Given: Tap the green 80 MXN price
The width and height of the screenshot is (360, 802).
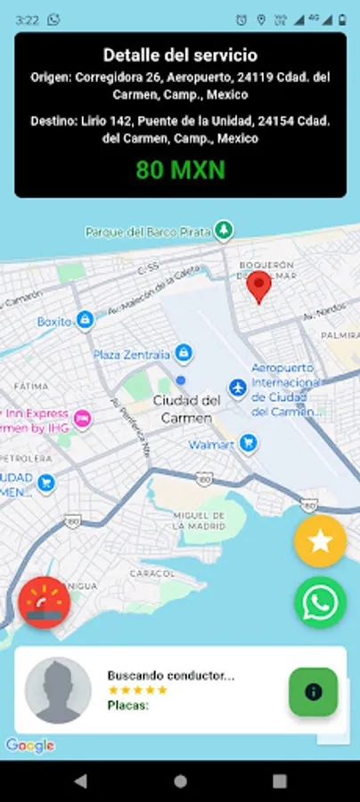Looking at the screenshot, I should pos(180,169).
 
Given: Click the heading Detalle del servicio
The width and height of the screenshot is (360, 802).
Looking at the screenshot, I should pos(180,55).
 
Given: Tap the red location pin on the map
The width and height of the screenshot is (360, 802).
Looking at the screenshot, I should pos(259,287).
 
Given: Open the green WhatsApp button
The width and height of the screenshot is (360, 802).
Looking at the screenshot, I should pos(320,602).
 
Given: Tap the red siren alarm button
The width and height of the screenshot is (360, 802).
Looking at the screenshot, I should pos(44,603).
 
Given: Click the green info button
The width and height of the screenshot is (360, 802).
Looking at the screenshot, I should pos(313,692).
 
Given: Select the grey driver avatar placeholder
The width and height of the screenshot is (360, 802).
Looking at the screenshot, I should pos(58,691).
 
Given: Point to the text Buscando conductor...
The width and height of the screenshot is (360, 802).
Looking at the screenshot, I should pos(170,675).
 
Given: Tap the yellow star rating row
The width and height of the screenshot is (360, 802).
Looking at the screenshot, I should pos(137,690).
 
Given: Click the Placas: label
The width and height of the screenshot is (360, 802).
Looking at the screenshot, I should pos(128,705).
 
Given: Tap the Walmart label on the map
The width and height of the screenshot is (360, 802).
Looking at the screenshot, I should pos(212,444).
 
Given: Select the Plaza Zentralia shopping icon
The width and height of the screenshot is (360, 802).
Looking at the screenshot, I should pos(184,353).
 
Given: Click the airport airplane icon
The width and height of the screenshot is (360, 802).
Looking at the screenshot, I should pos(237,388).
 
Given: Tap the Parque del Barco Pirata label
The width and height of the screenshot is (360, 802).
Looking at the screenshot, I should pos(148,232).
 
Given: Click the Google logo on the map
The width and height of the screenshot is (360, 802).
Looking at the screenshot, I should pos(29,745).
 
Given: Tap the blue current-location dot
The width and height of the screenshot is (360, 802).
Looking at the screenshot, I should pos(181,381).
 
